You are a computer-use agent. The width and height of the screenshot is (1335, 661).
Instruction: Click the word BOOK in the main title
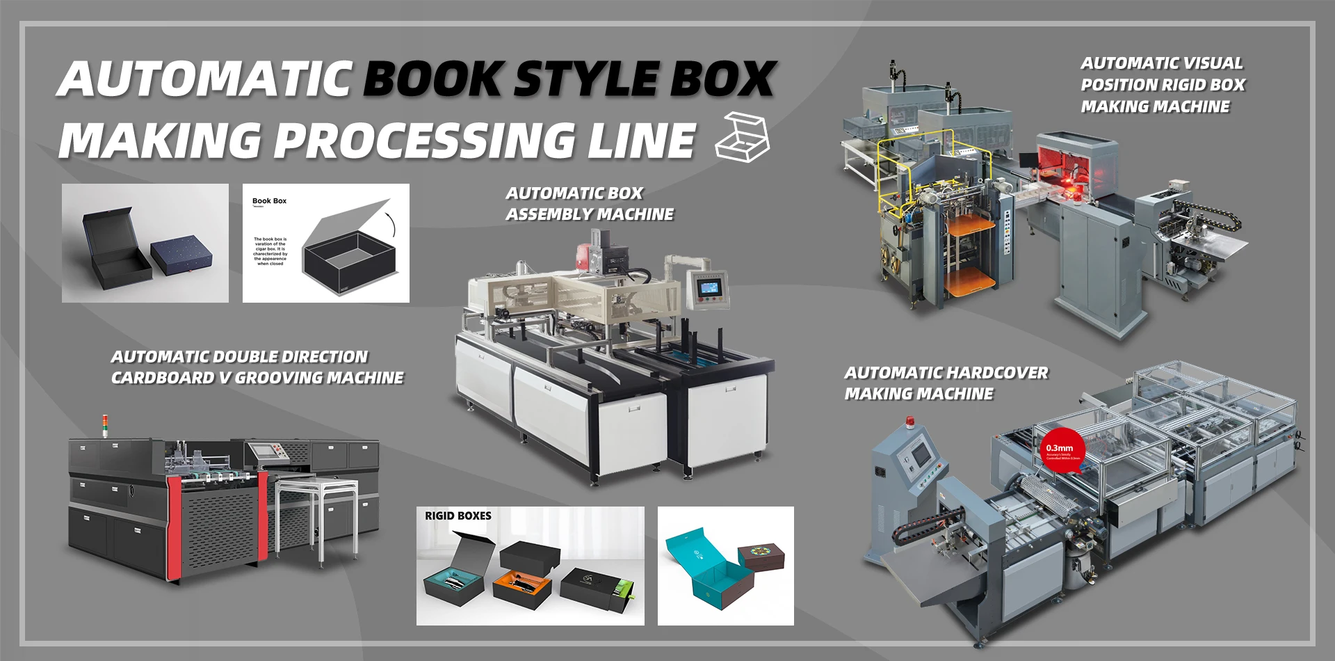coord(432,78)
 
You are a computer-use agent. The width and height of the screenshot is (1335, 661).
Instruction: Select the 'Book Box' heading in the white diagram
coord(269,201)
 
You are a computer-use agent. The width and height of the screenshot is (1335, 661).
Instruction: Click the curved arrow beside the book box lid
coord(392,224)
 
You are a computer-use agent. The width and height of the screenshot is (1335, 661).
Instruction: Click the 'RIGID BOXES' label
coord(458,516)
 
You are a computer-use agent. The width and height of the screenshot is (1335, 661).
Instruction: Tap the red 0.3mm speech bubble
coord(1061,452)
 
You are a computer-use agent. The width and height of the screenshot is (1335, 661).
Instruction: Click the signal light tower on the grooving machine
coord(105,425)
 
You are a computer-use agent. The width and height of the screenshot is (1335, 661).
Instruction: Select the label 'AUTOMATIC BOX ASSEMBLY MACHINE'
coord(589,203)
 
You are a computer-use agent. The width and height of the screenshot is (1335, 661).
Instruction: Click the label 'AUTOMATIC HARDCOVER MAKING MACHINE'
coord(945,383)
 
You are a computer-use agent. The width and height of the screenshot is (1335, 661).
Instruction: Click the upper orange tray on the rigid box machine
coord(971,224)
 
